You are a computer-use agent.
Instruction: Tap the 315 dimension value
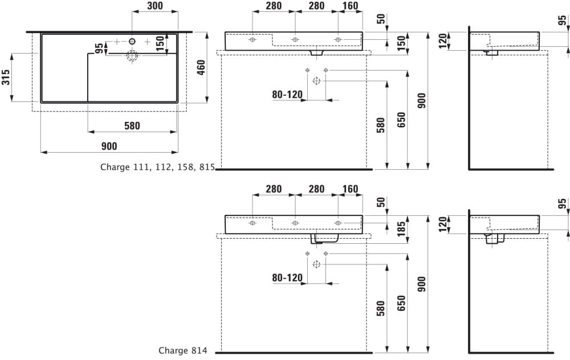[x=6, y=77]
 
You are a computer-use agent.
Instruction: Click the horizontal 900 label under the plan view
[x=109, y=146]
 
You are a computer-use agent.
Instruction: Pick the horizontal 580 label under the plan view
[x=132, y=126]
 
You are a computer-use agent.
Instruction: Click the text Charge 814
[x=183, y=351]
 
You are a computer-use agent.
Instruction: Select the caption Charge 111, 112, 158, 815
[x=157, y=167]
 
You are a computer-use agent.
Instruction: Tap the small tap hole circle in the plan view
[x=132, y=42]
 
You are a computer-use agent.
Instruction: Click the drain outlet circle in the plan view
[x=132, y=56]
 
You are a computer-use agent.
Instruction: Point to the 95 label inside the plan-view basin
[x=99, y=48]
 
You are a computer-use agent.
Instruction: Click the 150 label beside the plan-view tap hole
[x=161, y=43]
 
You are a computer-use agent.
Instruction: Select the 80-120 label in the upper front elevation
[x=287, y=95]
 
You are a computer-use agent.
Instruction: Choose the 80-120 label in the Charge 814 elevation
[x=287, y=277]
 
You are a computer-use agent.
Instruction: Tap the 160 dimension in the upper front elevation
[x=350, y=6]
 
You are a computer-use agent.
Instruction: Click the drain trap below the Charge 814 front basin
[x=325, y=238]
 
